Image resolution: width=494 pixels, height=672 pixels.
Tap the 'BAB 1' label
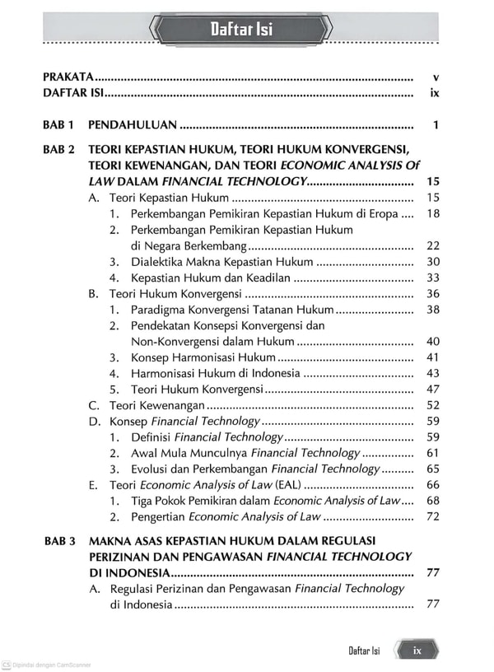coord(59,126)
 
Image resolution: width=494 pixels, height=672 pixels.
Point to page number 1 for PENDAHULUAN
coord(435,126)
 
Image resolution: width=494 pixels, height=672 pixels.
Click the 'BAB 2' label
coord(59,150)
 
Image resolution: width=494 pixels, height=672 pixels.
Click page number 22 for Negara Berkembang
coord(433,245)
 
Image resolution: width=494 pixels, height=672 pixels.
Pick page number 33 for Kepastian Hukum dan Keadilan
coord(433,278)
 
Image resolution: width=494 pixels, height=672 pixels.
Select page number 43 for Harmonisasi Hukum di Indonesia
coord(433,373)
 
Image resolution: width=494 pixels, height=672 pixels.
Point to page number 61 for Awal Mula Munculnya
coord(433,453)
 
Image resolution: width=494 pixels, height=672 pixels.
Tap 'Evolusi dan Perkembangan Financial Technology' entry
coord(255,469)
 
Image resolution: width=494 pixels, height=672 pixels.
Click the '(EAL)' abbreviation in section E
coord(286,485)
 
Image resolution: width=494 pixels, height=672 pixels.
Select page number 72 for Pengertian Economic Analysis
coord(433,516)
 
